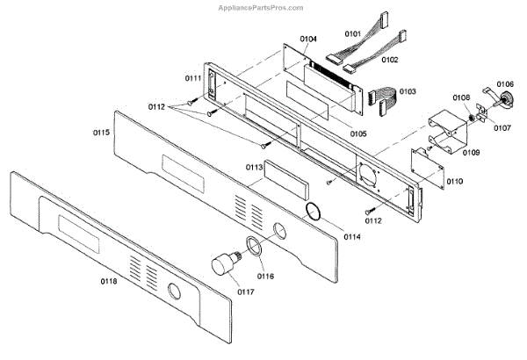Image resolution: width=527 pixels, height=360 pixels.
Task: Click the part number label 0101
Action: [352, 35]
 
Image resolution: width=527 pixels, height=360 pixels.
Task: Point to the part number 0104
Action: [307, 40]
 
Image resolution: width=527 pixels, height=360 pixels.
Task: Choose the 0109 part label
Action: [472, 152]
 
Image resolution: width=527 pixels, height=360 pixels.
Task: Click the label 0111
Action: [194, 79]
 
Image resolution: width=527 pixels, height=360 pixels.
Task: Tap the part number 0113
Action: [255, 166]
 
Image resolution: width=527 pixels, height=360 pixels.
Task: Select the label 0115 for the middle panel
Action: [101, 133]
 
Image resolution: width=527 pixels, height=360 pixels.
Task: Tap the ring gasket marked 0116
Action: [253, 246]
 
